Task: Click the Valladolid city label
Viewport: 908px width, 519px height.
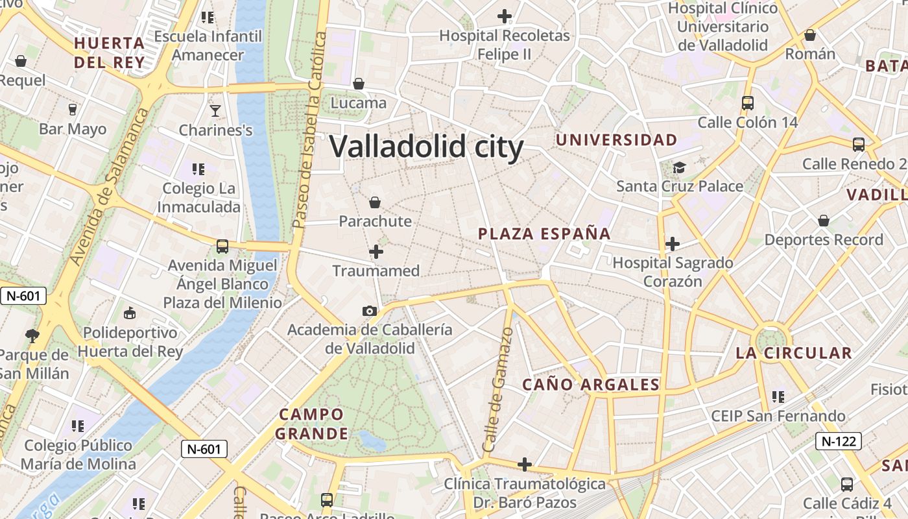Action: click(x=426, y=147)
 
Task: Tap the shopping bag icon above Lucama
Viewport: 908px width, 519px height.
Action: click(x=358, y=84)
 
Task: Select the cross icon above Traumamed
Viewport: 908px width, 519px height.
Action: click(x=376, y=252)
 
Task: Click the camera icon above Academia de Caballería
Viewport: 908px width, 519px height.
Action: click(x=370, y=311)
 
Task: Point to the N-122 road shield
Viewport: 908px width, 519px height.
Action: click(x=838, y=442)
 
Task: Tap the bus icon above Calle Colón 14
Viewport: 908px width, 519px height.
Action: click(x=747, y=103)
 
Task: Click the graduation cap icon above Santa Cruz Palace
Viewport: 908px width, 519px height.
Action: click(x=678, y=168)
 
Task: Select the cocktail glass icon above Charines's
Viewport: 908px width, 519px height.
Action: click(x=215, y=111)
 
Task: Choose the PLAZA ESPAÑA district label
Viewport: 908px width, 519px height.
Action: click(x=544, y=234)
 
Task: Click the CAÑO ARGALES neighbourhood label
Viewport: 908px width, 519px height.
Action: click(x=591, y=385)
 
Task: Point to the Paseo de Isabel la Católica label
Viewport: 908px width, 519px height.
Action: click(x=308, y=130)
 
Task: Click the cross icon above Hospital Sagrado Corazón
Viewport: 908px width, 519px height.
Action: click(x=673, y=244)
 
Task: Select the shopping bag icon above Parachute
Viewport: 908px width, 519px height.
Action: click(x=375, y=202)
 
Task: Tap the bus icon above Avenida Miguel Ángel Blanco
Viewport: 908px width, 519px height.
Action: click(x=222, y=247)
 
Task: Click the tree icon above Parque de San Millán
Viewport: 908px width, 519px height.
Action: click(x=32, y=335)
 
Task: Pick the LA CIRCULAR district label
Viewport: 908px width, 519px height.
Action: click(x=793, y=354)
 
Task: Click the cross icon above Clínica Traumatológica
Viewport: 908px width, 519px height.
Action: click(x=525, y=465)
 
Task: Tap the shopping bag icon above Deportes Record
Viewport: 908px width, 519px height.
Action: click(x=824, y=221)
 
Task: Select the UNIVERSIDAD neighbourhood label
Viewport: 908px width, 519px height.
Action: click(x=616, y=140)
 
